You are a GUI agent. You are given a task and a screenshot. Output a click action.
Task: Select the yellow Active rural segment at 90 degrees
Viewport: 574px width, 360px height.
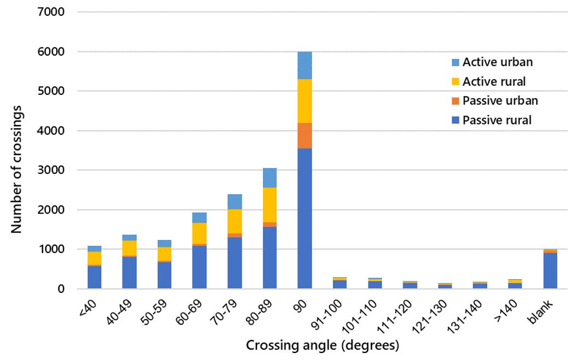304,101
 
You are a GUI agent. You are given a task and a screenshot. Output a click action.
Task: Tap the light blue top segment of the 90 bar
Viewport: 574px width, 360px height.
304,65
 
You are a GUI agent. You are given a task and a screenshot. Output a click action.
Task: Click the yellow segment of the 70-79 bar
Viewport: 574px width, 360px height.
235,221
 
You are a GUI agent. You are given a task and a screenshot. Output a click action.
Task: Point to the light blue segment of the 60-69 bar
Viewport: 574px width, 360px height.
200,218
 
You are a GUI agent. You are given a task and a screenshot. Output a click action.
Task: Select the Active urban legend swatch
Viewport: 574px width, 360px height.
456,62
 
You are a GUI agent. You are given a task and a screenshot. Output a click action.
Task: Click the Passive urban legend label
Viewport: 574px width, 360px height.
500,101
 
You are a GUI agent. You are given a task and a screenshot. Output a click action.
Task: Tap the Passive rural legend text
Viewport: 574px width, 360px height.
497,121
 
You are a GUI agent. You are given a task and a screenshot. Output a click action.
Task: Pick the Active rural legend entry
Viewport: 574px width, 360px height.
494,82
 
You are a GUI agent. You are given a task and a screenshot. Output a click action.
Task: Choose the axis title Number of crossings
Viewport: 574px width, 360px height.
17,150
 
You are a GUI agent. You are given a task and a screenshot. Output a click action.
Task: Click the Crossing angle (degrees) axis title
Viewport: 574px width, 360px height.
322,345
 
